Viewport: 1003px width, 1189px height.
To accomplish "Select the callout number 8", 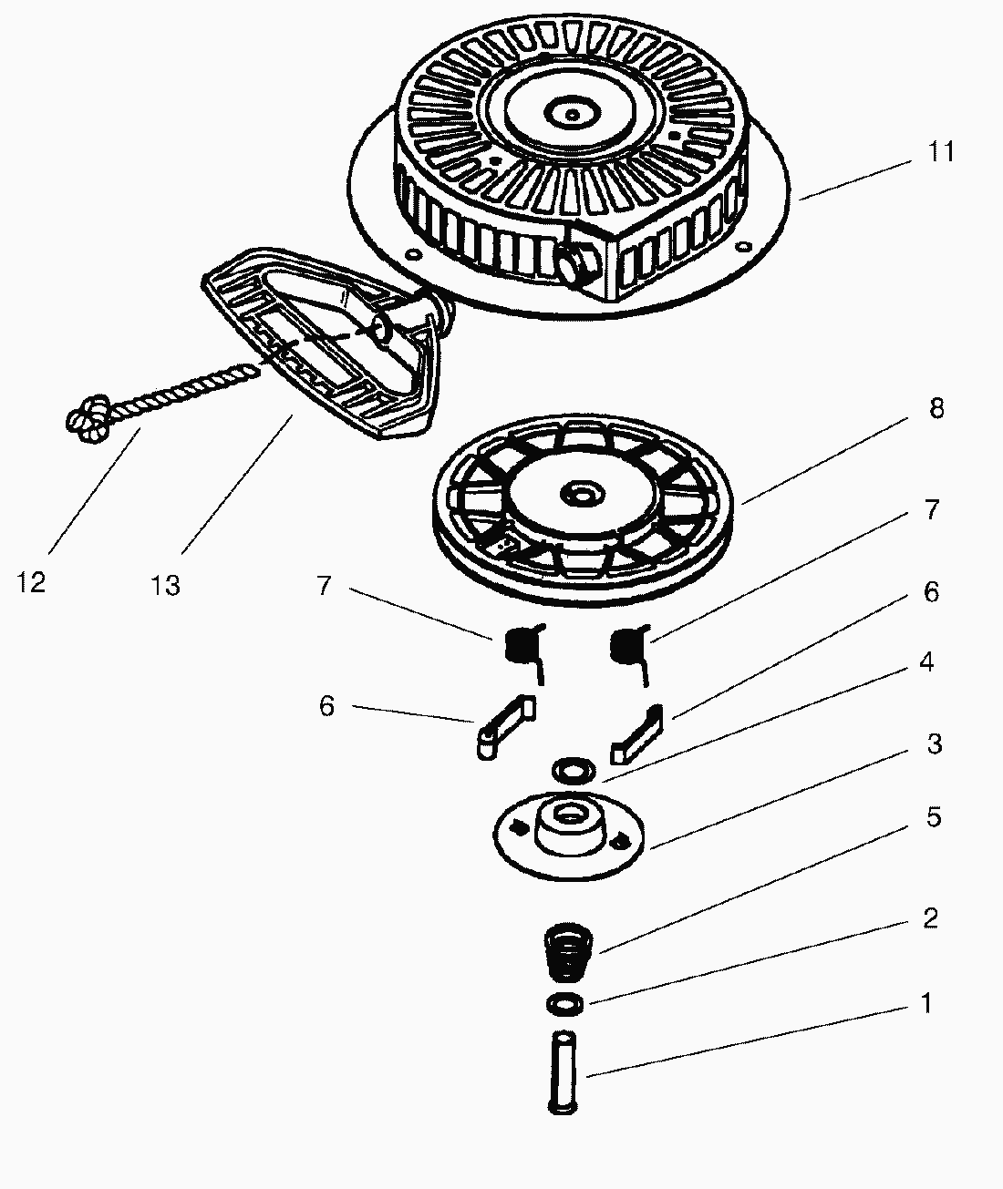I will [936, 409].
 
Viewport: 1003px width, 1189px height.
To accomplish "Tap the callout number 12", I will [31, 582].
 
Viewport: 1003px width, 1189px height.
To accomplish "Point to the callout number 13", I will [165, 584].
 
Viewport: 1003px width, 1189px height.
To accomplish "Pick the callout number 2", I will [930, 917].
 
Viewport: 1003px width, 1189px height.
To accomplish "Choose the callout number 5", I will [933, 817].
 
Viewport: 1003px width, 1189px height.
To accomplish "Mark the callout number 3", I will [934, 743].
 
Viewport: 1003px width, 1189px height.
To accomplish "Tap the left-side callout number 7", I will [324, 586].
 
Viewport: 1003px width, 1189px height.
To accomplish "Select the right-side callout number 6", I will [931, 592].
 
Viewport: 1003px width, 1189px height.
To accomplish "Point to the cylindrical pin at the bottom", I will [564, 1070].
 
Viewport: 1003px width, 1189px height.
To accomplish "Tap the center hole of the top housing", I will [571, 115].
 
